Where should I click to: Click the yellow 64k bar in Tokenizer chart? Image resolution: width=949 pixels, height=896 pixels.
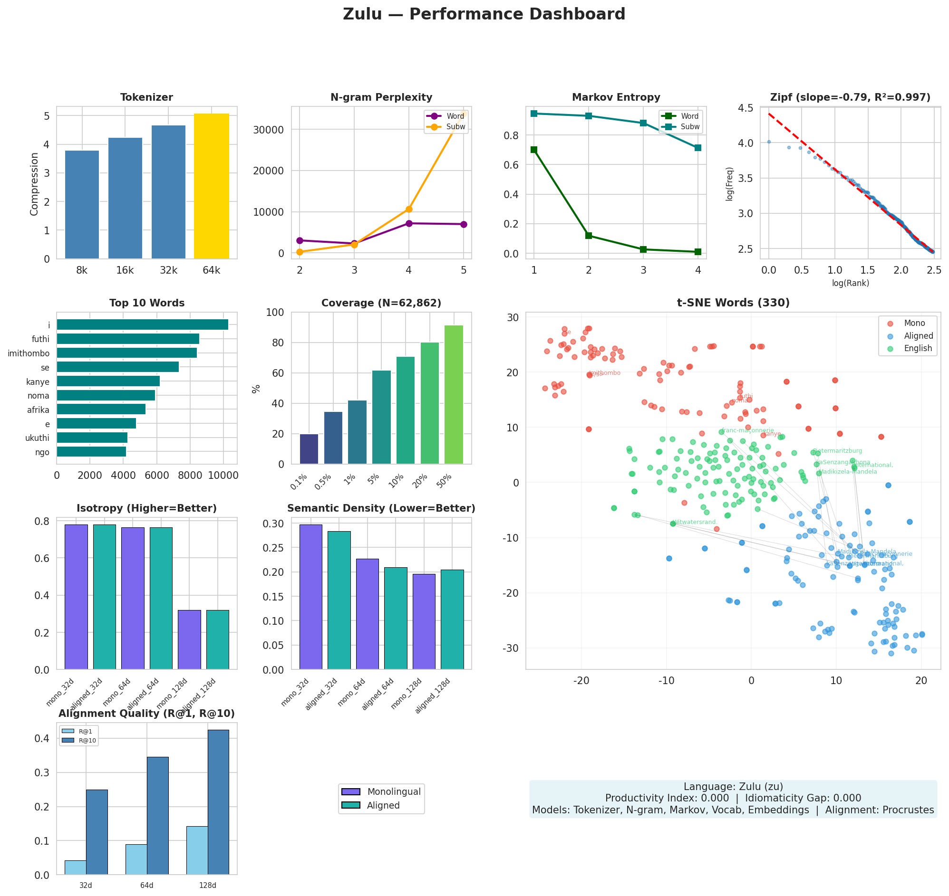[x=211, y=186]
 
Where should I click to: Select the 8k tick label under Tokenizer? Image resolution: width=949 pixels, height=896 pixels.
[x=82, y=271]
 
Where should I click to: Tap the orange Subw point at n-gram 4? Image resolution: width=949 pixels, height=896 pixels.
[x=409, y=209]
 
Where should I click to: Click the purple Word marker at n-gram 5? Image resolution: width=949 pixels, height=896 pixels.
[x=464, y=225]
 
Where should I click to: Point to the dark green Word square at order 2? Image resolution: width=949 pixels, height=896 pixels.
[x=589, y=236]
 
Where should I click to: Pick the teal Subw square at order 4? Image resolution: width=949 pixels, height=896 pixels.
[x=698, y=148]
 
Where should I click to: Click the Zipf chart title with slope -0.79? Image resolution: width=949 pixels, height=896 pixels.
[x=850, y=98]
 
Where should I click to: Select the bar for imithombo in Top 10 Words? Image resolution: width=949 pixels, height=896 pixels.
[x=126, y=353]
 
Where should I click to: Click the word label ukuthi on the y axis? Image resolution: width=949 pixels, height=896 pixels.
[x=37, y=438]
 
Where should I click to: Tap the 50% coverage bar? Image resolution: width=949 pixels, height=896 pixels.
[x=454, y=394]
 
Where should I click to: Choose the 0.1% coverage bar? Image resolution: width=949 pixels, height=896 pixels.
[x=309, y=449]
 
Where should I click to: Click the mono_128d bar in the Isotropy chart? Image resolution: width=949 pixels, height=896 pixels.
[x=189, y=640]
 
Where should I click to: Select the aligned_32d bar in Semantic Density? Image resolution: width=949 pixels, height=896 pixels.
[x=339, y=601]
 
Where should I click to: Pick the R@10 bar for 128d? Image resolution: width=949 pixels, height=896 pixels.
[x=218, y=802]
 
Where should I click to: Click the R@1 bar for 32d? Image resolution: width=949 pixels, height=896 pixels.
[x=76, y=868]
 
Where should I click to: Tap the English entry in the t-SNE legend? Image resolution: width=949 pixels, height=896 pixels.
[x=918, y=349]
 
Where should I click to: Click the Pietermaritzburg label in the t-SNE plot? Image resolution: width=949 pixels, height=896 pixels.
[x=838, y=451]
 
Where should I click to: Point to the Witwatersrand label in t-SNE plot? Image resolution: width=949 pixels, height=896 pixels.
[x=695, y=522]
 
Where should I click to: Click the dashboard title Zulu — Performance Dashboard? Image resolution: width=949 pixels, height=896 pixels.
[x=484, y=14]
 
